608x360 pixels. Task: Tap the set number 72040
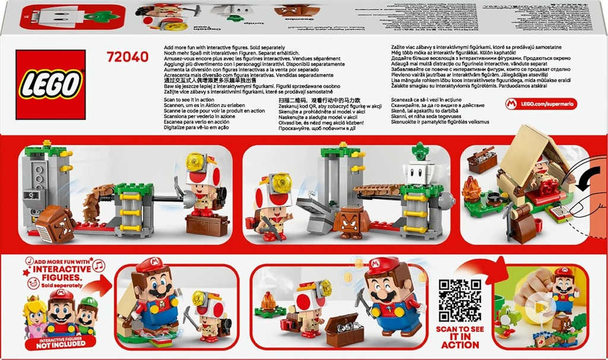point(126,57)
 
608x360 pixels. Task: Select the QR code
point(460,301)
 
